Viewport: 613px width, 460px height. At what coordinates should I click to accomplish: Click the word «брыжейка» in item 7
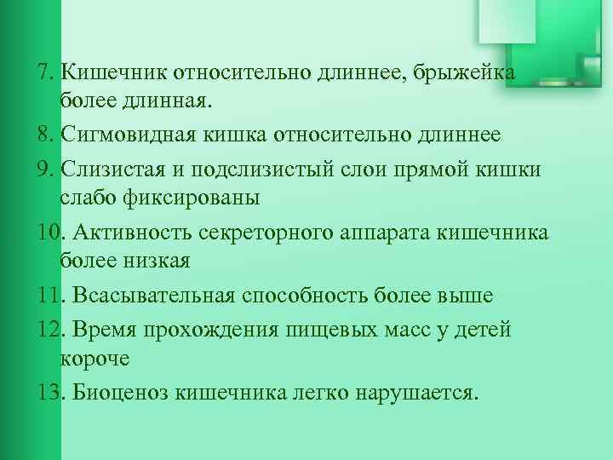tap(465, 73)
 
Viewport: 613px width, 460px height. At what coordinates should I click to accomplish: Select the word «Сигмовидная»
tap(129, 135)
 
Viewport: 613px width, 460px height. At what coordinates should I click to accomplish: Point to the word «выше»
tap(463, 296)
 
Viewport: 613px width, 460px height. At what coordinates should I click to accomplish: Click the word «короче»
tap(95, 358)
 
